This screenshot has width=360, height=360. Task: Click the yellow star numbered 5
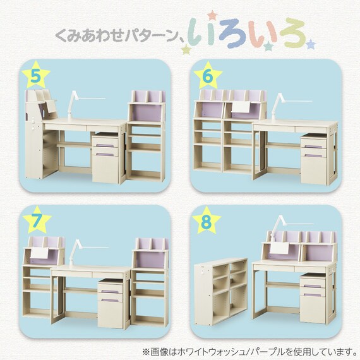(x=36, y=75)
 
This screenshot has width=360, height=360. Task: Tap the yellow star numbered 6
(x=208, y=76)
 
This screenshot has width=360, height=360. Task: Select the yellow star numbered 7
(x=37, y=220)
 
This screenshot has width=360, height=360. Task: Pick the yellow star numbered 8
(x=206, y=220)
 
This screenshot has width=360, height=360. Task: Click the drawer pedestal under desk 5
(x=105, y=158)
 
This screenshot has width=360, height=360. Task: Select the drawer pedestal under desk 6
(x=314, y=159)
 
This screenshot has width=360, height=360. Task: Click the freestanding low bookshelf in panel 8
(x=221, y=292)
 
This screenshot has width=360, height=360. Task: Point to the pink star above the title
(x=212, y=16)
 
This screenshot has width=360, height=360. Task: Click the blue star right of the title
(x=311, y=44)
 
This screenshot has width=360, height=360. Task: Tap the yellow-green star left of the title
(x=186, y=49)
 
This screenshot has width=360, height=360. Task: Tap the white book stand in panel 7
(x=40, y=253)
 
